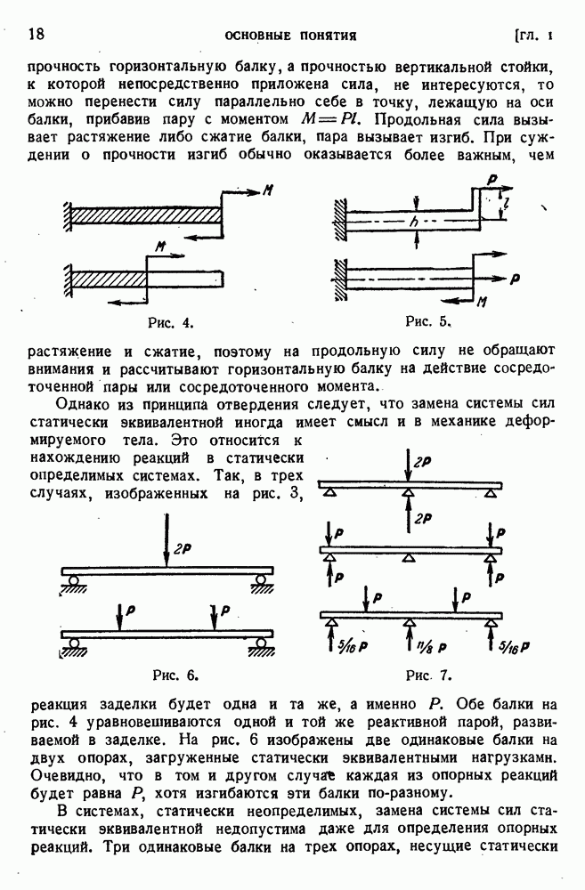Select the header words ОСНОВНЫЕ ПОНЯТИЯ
pyautogui.click(x=290, y=36)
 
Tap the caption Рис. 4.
pyautogui.click(x=170, y=321)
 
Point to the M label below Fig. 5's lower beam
pyautogui.click(x=481, y=302)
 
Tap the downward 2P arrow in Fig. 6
pyautogui.click(x=167, y=542)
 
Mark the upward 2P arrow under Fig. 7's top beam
pyautogui.click(x=408, y=516)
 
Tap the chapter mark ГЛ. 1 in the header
pyautogui.click(x=533, y=36)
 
